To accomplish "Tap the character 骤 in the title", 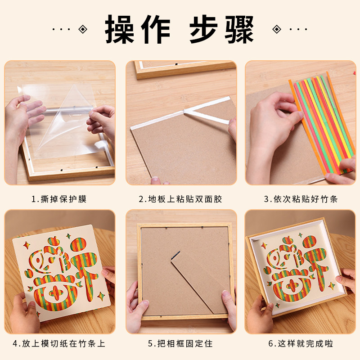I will pos(240,30).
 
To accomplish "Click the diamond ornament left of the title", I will pos(82,30).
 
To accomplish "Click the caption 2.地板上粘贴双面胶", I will pos(181,199).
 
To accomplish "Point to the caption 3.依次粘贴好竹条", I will pos(301,199).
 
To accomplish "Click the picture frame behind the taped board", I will pos(184,70).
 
